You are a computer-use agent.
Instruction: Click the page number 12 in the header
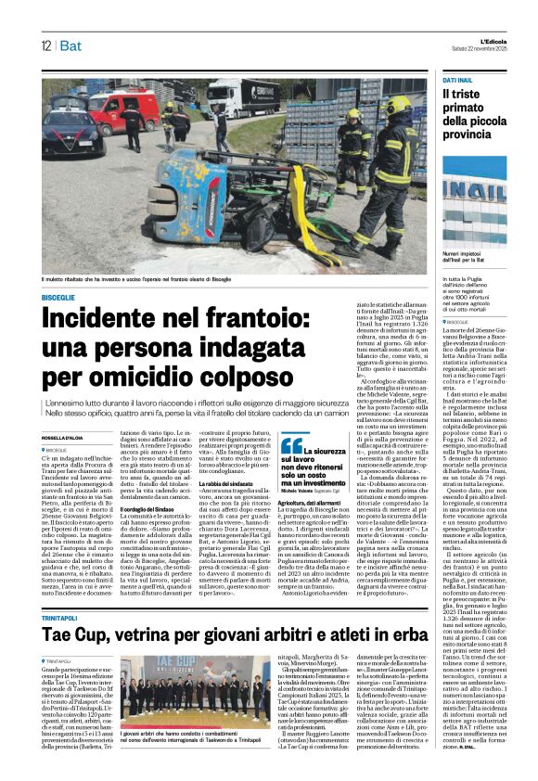coord(45,45)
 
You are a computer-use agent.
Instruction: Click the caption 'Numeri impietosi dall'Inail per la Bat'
coord(469,257)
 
